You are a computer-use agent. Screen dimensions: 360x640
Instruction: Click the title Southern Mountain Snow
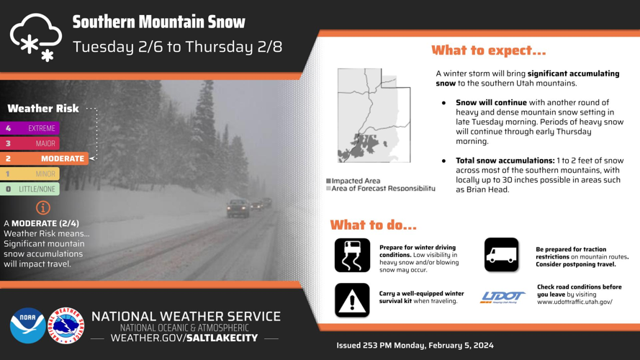point(158,22)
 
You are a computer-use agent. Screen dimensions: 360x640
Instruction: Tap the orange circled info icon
point(43,207)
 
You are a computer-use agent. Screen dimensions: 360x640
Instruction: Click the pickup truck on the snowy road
point(238,209)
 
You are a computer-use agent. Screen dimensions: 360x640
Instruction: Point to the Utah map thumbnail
point(374,115)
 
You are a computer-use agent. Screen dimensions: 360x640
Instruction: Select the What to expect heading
point(488,50)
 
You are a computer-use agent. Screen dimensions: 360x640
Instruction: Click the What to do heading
point(373,225)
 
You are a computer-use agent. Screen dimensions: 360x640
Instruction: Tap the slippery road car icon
point(352,255)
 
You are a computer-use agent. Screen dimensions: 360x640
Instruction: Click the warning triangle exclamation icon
point(352,300)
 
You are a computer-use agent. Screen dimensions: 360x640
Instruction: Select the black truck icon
point(501,255)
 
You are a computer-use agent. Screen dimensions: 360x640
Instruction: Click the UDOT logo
point(502,297)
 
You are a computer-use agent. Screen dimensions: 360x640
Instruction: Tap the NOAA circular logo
point(27,325)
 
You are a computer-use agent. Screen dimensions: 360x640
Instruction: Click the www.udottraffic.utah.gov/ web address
point(574,302)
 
